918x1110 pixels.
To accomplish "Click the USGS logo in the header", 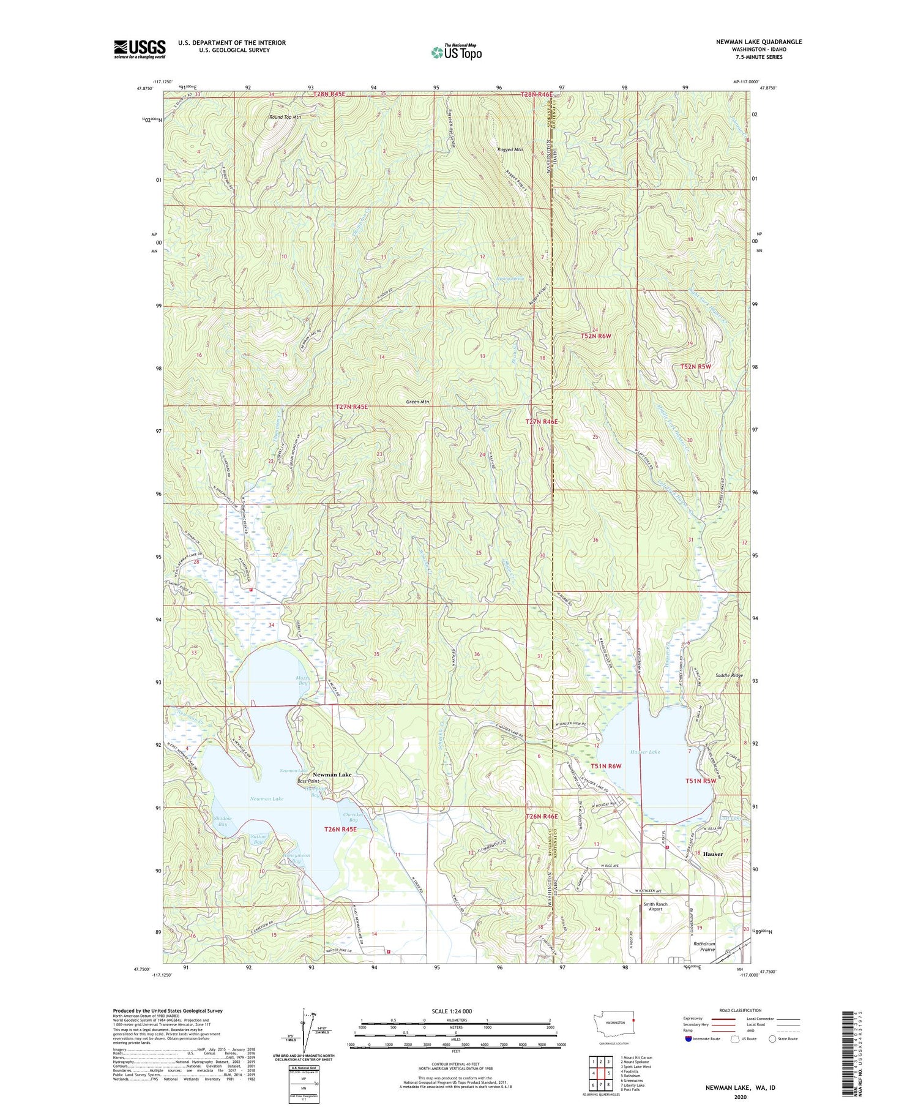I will (x=140, y=49).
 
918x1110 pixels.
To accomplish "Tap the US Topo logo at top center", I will (x=456, y=52).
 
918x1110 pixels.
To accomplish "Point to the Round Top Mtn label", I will (x=285, y=117).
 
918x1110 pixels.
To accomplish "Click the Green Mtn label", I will (x=418, y=402).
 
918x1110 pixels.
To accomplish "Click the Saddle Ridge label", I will (x=729, y=675).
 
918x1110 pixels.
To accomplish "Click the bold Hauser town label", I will (x=712, y=853).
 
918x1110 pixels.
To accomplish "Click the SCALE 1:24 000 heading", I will (x=455, y=1011).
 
